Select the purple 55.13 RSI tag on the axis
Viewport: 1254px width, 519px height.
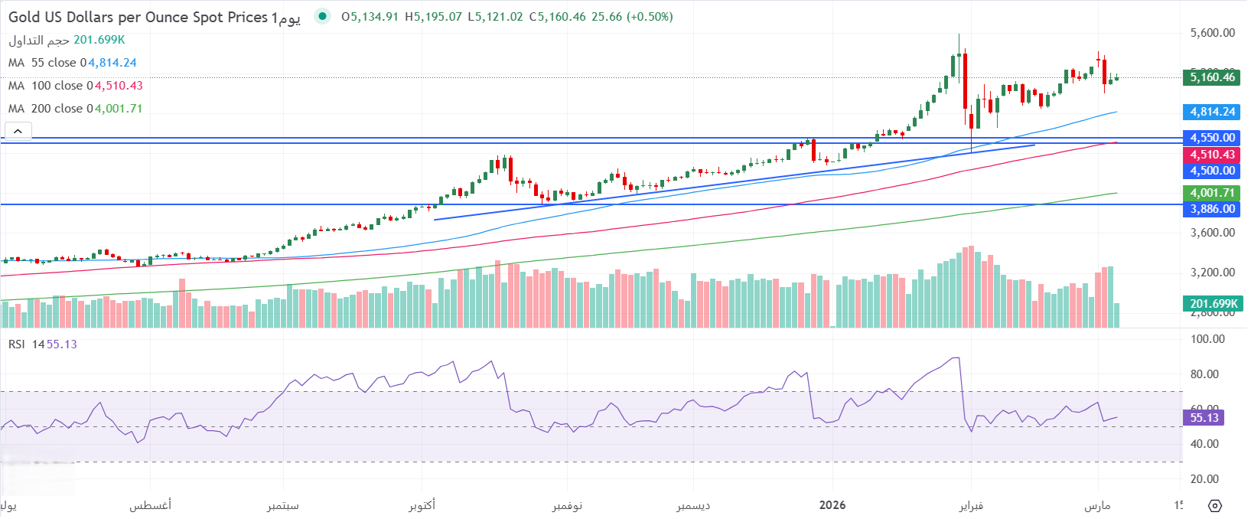[x=1204, y=418]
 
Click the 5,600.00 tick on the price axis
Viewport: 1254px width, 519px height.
[x=1213, y=33]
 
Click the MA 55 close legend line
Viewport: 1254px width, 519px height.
[x=73, y=63]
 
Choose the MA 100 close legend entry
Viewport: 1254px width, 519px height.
[x=75, y=86]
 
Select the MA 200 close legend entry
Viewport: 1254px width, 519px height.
[x=75, y=109]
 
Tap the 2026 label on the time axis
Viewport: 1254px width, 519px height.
[x=832, y=505]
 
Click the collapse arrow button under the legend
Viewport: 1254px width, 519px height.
[x=18, y=131]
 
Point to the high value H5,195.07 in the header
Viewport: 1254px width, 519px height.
[x=434, y=17]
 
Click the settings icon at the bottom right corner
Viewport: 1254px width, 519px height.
[x=1215, y=506]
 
